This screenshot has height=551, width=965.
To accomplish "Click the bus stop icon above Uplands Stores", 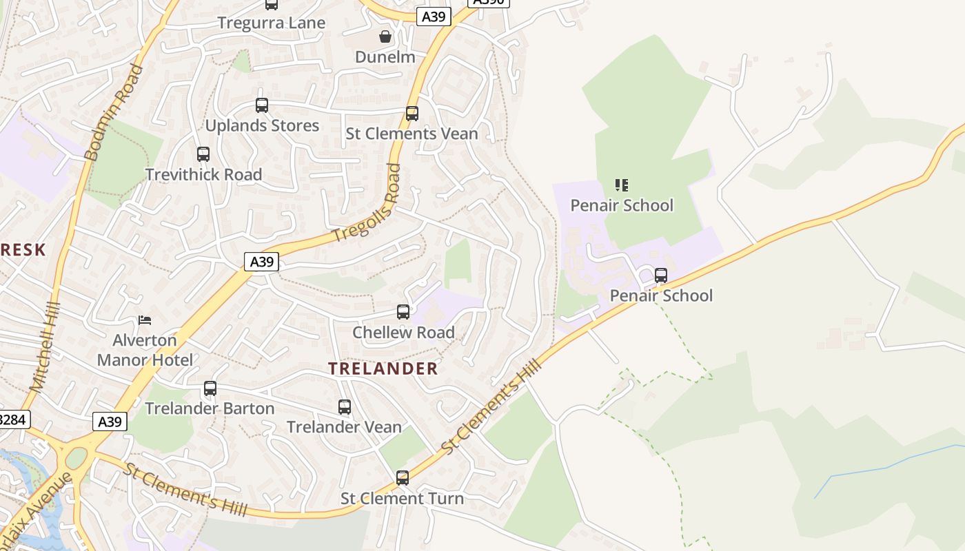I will pyautogui.click(x=262, y=105).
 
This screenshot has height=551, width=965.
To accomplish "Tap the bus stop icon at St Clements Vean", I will pyautogui.click(x=412, y=114).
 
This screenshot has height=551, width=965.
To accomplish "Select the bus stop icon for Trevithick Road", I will pyautogui.click(x=203, y=154).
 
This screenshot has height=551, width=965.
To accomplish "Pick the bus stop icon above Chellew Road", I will pyautogui.click(x=403, y=312).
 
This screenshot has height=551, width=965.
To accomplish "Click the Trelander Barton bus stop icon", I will pyautogui.click(x=210, y=388).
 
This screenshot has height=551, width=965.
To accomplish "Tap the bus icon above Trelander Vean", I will pyautogui.click(x=345, y=407).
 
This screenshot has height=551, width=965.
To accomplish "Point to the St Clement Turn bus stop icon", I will pyautogui.click(x=403, y=478).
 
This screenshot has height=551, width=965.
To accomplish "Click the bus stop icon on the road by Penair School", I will pyautogui.click(x=661, y=275).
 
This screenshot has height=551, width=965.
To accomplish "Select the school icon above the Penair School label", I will pyautogui.click(x=622, y=185).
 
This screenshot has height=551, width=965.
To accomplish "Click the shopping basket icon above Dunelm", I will pyautogui.click(x=385, y=37).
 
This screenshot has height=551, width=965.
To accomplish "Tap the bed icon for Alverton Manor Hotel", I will pyautogui.click(x=145, y=320).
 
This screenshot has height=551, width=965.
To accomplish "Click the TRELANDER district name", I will pyautogui.click(x=383, y=368).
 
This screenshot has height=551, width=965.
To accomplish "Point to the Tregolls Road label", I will pyautogui.click(x=367, y=202).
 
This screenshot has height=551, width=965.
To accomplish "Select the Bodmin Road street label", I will pyautogui.click(x=114, y=113).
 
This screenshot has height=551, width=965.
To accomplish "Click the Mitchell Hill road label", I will pyautogui.click(x=46, y=348).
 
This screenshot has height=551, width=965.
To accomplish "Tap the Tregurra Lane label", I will pyautogui.click(x=271, y=23).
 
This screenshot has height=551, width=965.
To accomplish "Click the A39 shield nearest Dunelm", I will pyautogui.click(x=434, y=17).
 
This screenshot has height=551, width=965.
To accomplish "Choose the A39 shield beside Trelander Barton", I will pyautogui.click(x=110, y=422).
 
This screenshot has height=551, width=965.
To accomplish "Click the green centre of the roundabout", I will pyautogui.click(x=76, y=457).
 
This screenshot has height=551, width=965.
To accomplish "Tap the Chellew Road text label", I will pyautogui.click(x=403, y=333).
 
